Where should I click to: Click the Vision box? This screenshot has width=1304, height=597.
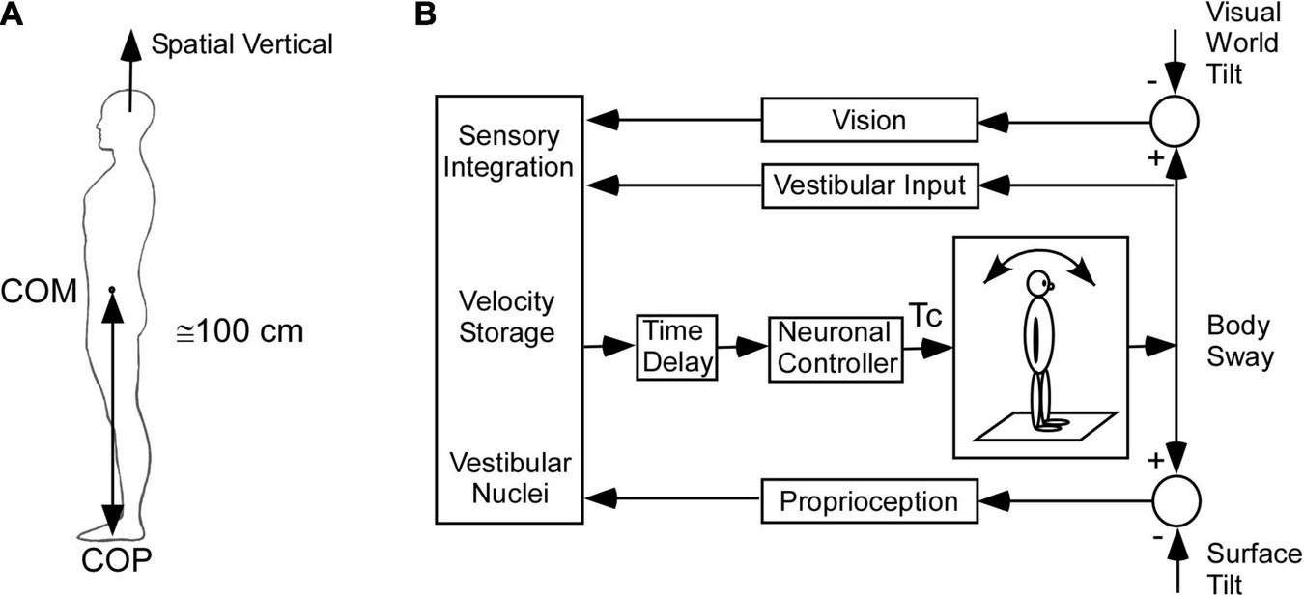pos(869,120)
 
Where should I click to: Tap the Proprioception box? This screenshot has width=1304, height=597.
pos(869,501)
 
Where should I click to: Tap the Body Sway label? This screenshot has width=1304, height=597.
pos(1238,340)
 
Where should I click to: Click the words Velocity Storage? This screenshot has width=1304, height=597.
pos(507,318)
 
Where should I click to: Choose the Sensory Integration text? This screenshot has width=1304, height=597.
pos(516,150)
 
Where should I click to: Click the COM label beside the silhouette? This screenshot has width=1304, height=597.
pos(38,292)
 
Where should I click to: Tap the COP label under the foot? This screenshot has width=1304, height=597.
pos(115,560)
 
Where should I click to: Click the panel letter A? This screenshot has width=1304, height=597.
pos(14,15)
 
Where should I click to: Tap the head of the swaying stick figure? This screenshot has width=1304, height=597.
pos(1038,284)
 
